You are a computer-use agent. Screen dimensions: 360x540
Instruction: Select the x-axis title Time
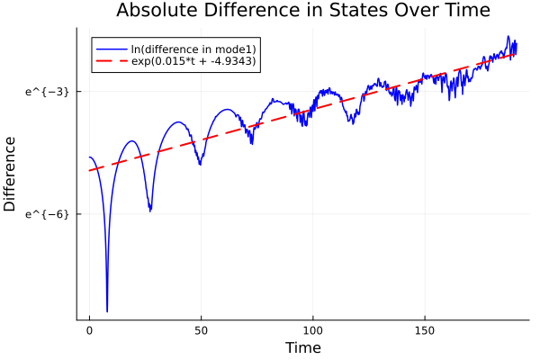(302, 347)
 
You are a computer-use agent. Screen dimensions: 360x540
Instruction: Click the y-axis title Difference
(11, 174)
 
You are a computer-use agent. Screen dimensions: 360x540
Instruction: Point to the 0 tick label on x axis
(89, 330)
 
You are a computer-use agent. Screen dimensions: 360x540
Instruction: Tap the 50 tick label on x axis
(201, 330)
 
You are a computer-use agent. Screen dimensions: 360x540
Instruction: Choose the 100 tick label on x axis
(312, 330)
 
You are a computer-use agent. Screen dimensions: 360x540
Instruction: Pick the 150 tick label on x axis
(424, 330)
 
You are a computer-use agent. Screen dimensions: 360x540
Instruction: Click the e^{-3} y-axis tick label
(48, 91)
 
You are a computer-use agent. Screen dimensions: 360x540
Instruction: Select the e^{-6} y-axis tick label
(48, 213)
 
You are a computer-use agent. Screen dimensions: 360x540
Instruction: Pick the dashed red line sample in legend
(111, 62)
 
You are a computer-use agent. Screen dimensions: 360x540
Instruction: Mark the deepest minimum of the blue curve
(107, 310)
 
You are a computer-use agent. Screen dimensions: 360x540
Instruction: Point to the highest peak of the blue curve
(508, 37)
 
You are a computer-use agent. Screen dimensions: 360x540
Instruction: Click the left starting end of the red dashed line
(90, 170)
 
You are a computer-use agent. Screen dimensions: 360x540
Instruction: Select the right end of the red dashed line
(516, 54)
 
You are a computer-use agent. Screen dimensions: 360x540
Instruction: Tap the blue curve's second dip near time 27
(150, 211)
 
